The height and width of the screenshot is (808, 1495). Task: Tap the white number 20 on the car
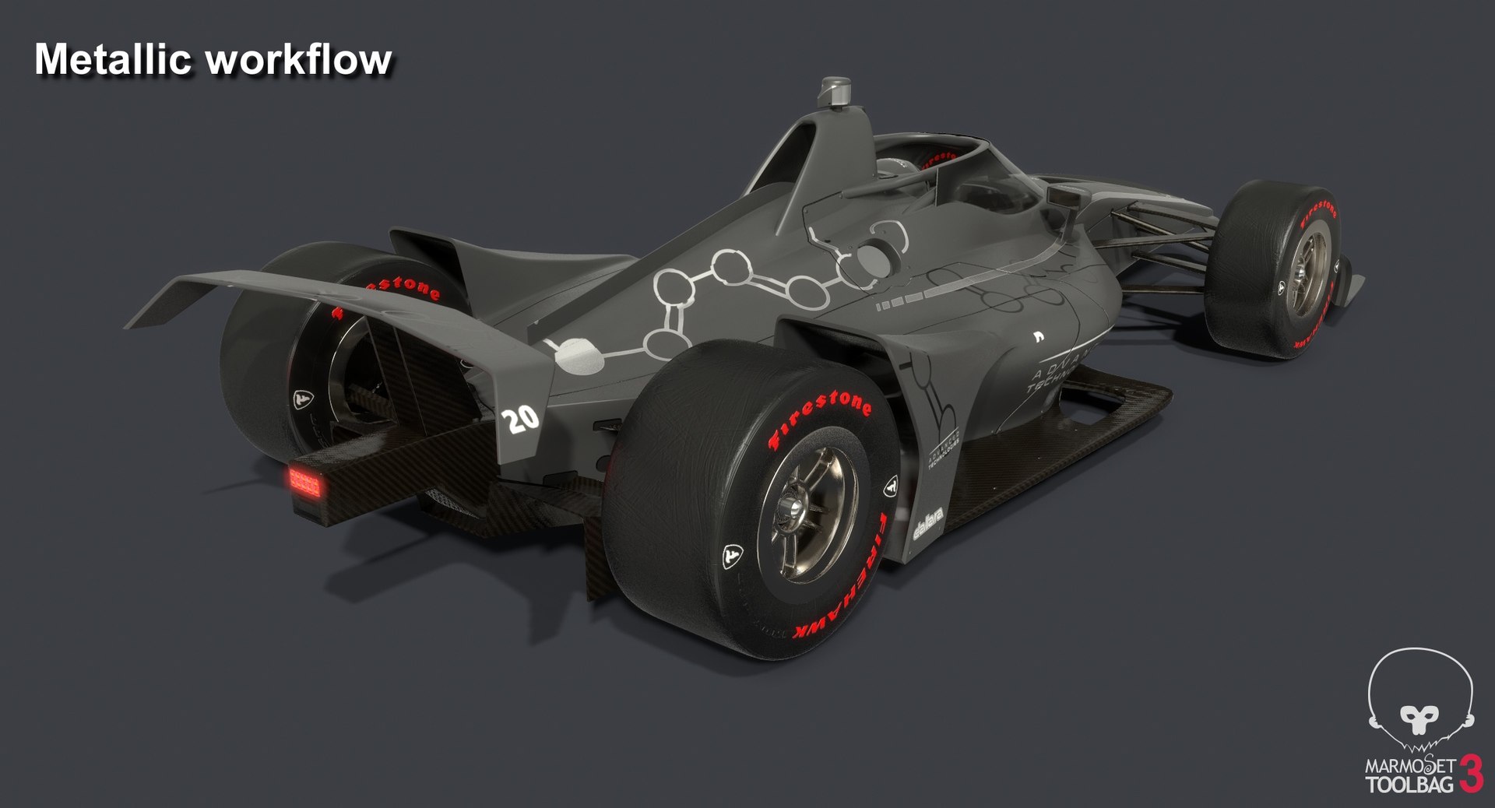(521, 420)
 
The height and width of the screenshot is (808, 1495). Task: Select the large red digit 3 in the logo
(1471, 773)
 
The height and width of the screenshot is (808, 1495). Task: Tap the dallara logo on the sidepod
(928, 523)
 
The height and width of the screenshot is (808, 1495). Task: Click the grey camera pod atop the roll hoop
(836, 92)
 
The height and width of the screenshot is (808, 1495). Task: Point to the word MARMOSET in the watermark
(1410, 766)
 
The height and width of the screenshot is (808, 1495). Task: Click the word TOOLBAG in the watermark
(1410, 784)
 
